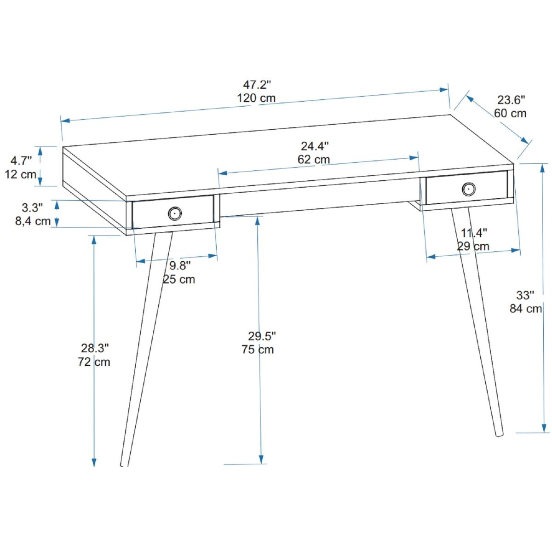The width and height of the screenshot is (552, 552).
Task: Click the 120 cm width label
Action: click(256, 98)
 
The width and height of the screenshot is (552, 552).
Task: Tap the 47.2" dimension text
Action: click(257, 85)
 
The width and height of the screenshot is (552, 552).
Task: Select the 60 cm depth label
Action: click(511, 114)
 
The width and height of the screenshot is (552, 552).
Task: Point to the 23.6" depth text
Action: click(512, 100)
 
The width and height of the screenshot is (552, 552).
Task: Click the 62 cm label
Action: click(314, 160)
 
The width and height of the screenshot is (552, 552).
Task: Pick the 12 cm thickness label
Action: click(21, 174)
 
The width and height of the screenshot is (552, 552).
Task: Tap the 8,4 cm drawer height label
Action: click(33, 221)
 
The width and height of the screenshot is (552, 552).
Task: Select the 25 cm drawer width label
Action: click(179, 279)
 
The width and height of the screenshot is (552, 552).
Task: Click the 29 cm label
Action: click(473, 247)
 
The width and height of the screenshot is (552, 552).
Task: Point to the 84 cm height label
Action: click(526, 309)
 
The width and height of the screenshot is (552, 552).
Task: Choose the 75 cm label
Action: click(258, 350)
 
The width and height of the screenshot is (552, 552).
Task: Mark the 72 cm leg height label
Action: click(94, 362)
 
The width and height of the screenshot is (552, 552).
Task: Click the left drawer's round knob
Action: click(175, 213)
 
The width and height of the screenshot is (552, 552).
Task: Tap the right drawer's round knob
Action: click(469, 189)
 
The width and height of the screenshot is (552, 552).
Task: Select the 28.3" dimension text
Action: click(95, 348)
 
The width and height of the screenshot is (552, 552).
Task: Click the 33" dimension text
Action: click(525, 295)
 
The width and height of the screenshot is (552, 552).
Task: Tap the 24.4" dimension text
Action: click(315, 146)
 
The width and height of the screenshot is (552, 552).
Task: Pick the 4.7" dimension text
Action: click(21, 161)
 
